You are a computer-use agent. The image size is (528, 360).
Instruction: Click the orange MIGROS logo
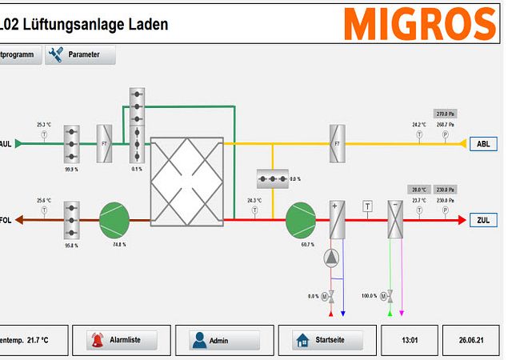tap(420, 24)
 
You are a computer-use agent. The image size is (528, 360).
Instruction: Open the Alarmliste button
tap(122, 340)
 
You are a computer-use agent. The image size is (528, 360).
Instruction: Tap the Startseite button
tap(326, 340)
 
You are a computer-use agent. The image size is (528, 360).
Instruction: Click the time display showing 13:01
tap(410, 340)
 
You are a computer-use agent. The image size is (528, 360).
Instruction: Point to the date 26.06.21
tap(471, 340)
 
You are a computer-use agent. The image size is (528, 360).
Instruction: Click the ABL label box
tap(482, 144)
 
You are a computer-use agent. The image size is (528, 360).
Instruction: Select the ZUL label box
tap(482, 219)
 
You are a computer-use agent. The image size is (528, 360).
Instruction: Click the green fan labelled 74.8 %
tap(114, 219)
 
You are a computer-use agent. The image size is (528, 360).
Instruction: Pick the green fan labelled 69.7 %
tap(301, 219)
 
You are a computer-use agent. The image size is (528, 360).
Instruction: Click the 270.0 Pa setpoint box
tap(445, 114)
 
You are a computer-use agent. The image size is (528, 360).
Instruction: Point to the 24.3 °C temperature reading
tap(254, 200)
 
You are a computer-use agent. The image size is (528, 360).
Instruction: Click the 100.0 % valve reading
tap(368, 296)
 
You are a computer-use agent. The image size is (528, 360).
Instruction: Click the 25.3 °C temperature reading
tap(44, 125)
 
